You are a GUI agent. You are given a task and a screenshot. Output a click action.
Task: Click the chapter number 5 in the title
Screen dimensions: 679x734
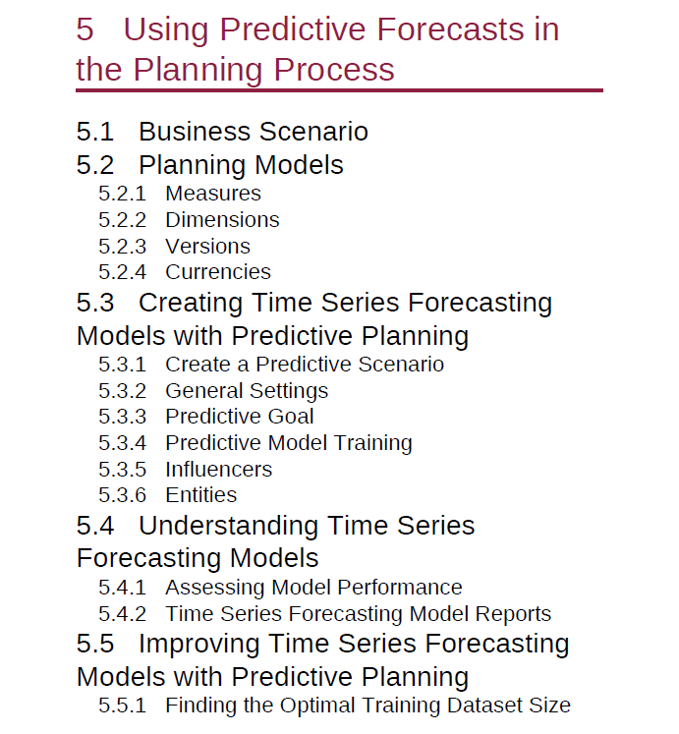pos(85,29)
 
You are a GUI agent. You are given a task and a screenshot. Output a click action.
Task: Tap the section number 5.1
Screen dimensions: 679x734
pos(95,131)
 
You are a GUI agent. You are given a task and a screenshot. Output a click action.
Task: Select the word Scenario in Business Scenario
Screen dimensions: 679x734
pos(313,131)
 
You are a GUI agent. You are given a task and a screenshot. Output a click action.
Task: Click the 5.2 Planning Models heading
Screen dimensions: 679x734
pos(209,165)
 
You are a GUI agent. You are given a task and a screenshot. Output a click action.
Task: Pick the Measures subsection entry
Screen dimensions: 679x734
pos(213,194)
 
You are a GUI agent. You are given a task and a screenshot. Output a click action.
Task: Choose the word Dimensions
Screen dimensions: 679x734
pos(222,220)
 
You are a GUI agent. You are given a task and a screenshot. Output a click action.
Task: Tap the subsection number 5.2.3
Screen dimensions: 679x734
pos(122,247)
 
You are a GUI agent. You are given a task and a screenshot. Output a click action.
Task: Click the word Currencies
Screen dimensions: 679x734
pos(218,272)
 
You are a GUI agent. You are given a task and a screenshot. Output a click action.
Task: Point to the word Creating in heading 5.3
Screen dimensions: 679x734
pos(191,303)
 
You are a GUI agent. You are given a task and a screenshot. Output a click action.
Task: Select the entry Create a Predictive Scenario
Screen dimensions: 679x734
pos(305,365)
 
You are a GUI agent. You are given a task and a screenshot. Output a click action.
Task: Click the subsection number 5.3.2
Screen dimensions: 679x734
pos(122,391)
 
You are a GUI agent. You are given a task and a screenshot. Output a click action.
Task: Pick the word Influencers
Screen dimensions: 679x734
pos(219,470)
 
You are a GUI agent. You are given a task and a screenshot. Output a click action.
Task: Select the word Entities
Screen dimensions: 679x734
pos(200,495)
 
